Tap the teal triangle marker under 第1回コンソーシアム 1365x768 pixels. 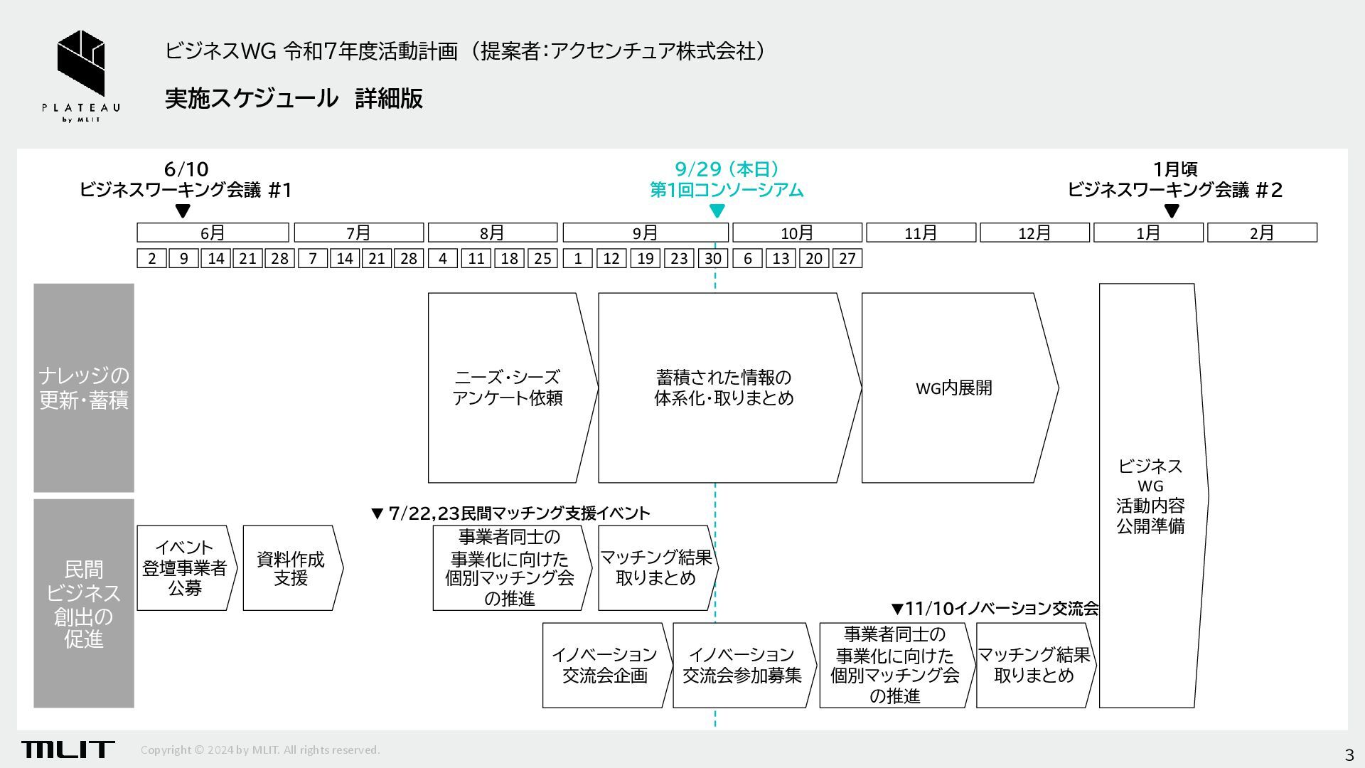pos(717,210)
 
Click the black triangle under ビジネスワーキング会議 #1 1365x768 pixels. pos(183,210)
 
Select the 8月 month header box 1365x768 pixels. pos(492,233)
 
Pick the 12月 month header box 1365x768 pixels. pos(1034,233)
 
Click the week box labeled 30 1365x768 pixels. pos(713,259)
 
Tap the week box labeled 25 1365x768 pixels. pos(542,259)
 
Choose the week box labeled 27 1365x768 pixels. pos(847,259)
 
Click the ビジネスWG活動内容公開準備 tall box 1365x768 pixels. pos(1150,496)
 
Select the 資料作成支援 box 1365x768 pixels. pos(290,567)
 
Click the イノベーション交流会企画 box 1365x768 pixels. pos(605,665)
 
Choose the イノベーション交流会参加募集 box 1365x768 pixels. pos(742,665)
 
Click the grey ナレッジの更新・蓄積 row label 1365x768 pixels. pos(84,388)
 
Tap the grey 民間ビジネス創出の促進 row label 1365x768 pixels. pos(84,603)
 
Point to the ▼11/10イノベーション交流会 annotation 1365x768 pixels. pos(995,609)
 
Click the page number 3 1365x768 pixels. pos(1349,754)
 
